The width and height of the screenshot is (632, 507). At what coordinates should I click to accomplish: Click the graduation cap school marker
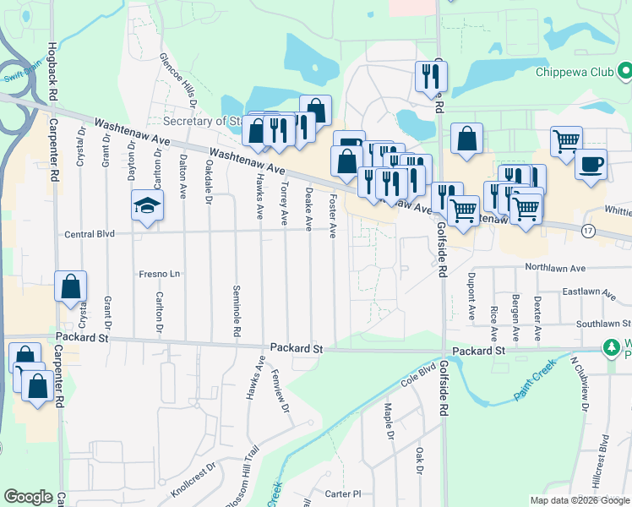(147, 205)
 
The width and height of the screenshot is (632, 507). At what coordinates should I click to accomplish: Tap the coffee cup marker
(591, 162)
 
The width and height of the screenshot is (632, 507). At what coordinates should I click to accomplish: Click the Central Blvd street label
(89, 233)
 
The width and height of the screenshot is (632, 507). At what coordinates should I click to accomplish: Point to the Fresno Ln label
(160, 275)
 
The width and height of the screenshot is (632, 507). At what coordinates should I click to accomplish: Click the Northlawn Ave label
(554, 267)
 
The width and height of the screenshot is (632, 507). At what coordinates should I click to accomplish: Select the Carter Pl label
(343, 493)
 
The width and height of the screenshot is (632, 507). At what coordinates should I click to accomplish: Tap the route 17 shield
(588, 230)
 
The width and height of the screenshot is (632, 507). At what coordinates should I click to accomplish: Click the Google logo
(28, 497)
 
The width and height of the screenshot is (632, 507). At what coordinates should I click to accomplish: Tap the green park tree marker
(610, 347)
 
